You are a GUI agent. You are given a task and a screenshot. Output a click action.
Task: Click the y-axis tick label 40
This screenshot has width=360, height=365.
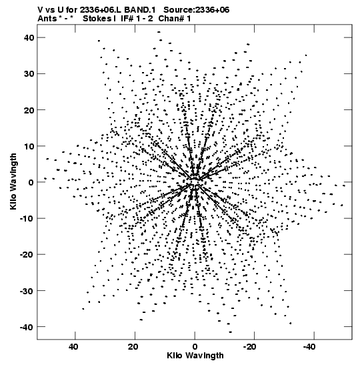(29, 37)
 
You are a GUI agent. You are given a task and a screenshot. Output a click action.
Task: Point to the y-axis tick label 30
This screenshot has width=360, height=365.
(29, 74)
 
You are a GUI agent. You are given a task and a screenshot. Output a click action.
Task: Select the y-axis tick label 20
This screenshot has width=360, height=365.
(29, 110)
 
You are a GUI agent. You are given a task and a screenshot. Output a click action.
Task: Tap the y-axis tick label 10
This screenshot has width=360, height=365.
(29, 146)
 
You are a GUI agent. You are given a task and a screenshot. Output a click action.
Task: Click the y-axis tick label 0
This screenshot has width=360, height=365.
(31, 182)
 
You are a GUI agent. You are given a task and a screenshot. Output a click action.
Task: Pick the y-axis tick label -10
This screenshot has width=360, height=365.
(27, 218)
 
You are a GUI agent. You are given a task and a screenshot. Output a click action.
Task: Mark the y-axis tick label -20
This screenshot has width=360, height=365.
(27, 255)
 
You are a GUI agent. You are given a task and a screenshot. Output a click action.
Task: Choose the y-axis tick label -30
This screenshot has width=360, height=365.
(27, 291)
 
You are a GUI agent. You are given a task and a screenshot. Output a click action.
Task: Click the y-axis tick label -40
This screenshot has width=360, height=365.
(27, 327)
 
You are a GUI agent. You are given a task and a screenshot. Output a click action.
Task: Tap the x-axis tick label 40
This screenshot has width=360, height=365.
(73, 347)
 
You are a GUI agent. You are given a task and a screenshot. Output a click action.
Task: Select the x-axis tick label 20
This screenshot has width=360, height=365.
(133, 347)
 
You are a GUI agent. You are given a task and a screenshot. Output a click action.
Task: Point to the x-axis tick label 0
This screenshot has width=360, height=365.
(195, 347)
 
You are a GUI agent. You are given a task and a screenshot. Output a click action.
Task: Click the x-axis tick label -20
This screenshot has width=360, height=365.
(249, 347)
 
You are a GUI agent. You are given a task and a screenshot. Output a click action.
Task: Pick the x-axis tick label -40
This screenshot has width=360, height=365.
(309, 347)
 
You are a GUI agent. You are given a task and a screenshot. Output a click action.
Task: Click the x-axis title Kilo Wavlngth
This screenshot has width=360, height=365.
(195, 356)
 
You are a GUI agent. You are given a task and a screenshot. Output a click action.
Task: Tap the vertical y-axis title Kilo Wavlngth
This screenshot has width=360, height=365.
(13, 181)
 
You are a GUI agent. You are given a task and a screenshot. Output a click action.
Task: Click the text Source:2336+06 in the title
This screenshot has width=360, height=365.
(196, 10)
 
